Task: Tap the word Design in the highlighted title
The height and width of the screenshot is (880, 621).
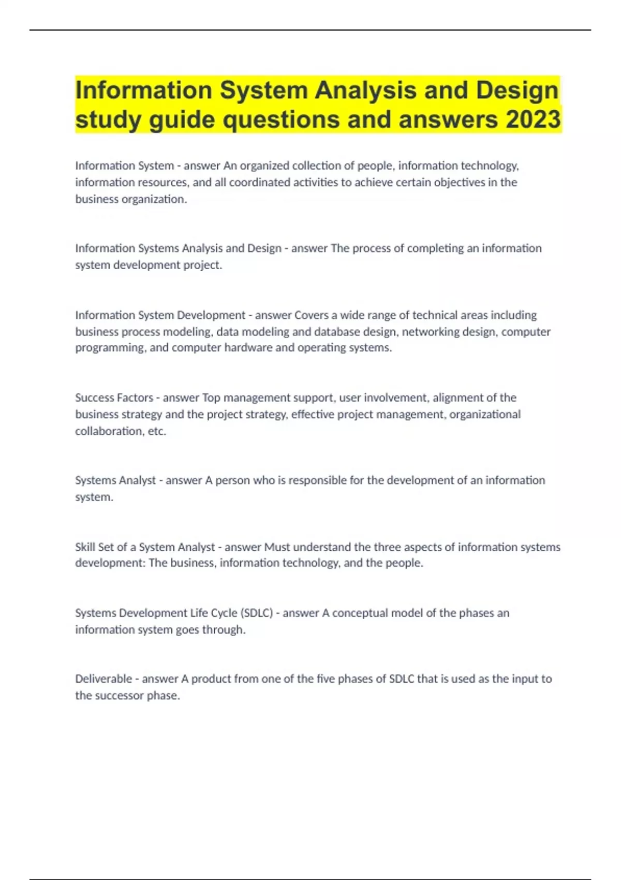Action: (517, 90)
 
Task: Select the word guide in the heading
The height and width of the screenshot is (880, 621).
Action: (182, 120)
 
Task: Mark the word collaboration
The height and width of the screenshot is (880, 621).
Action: (108, 431)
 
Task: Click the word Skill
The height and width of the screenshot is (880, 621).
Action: (85, 547)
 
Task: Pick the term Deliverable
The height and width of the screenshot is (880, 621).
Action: (103, 679)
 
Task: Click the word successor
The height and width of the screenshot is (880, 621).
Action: (119, 696)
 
